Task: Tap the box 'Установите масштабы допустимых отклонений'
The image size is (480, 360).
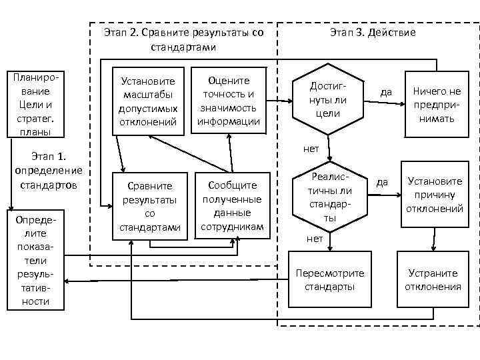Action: click(x=148, y=101)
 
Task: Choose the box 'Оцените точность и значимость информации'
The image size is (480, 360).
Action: click(x=229, y=101)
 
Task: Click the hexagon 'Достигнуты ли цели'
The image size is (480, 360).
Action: click(x=327, y=100)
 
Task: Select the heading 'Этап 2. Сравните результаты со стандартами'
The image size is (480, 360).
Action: click(x=184, y=39)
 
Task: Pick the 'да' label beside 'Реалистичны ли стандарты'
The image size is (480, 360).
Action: click(x=382, y=181)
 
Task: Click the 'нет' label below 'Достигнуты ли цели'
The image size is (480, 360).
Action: click(x=311, y=148)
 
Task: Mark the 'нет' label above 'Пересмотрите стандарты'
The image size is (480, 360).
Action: click(x=315, y=238)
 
